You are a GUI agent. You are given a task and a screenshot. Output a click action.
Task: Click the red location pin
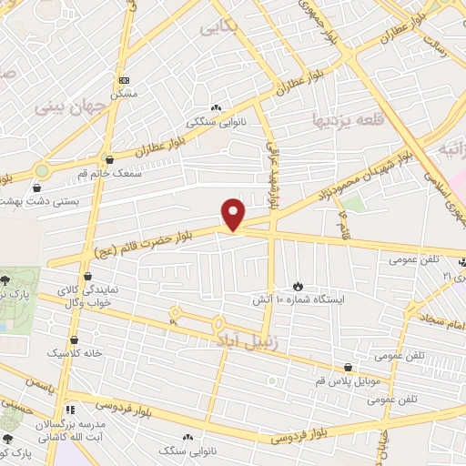coord(234,214)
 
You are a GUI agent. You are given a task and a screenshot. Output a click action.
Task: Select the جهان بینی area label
coord(71,106)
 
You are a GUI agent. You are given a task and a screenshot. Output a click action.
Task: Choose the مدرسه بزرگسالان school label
coord(71,425)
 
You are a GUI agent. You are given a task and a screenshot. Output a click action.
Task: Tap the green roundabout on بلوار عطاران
coord(41,169)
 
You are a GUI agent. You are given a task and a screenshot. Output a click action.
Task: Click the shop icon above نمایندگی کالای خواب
coord(88,276)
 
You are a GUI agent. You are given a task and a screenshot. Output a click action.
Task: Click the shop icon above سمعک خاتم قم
coord(109,159)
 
